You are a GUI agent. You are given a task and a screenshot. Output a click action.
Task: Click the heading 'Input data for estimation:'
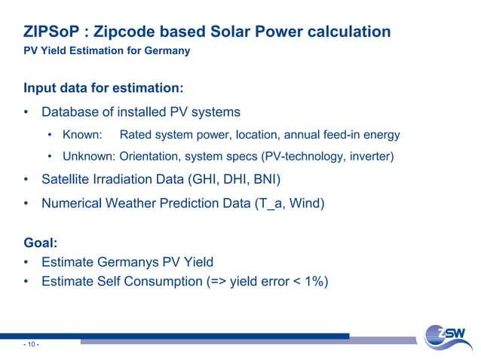tap(103, 88)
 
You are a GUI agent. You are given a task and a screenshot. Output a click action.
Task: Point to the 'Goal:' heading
tap(42, 244)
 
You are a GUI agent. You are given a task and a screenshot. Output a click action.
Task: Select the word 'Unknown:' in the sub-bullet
tap(87, 157)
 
